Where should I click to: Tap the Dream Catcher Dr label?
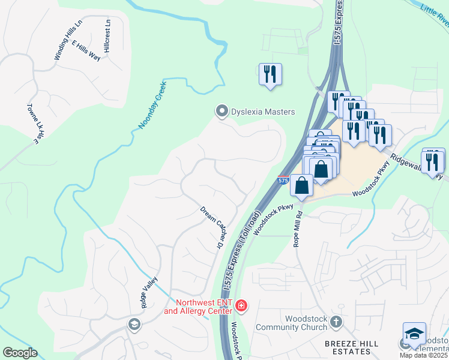[x=211, y=228]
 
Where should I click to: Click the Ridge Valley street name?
[x=149, y=292]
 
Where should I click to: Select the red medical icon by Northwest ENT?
[x=241, y=306]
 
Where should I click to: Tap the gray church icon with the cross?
[x=336, y=322]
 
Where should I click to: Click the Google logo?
[x=20, y=352]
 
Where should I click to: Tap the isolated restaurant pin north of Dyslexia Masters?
[x=270, y=74]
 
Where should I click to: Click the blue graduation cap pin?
[x=414, y=334]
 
